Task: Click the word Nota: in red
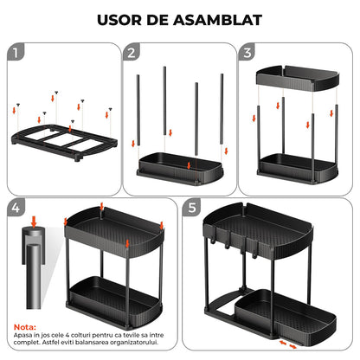point(24,328)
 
